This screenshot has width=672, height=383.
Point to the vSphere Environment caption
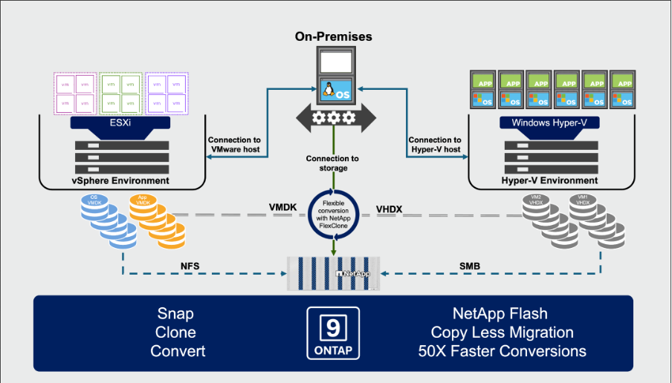(120, 180)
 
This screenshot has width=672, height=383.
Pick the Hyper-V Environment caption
(549, 180)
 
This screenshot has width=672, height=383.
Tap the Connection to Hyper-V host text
(435, 145)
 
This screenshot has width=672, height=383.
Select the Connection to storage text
(332, 163)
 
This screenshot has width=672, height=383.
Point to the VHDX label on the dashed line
(389, 209)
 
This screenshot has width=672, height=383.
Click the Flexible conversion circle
(333, 215)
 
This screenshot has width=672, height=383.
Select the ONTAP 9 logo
(332, 333)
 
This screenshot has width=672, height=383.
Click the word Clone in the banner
(175, 332)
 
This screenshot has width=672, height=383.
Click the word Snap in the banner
(175, 313)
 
